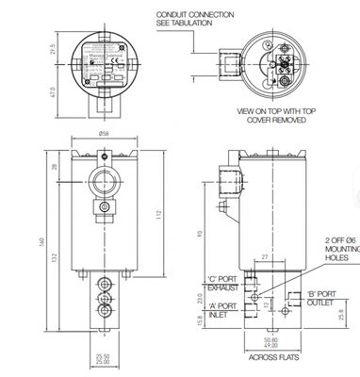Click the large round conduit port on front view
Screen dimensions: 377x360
click(103, 180)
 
